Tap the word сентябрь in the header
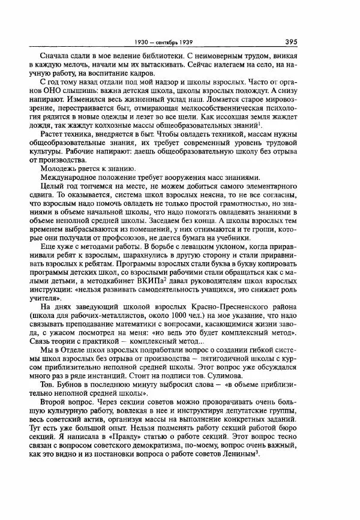[179, 43]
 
